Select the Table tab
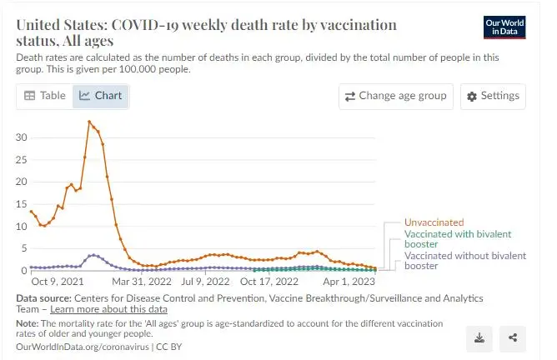click(45, 96)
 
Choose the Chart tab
click(101, 96)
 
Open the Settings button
click(493, 96)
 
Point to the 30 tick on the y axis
click(23, 137)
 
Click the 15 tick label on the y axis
click(23, 204)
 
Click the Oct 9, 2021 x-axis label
click(57, 282)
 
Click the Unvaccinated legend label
click(433, 223)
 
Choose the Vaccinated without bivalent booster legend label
click(464, 261)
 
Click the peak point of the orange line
click(89, 122)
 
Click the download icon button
click(479, 337)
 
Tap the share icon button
click(513, 337)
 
